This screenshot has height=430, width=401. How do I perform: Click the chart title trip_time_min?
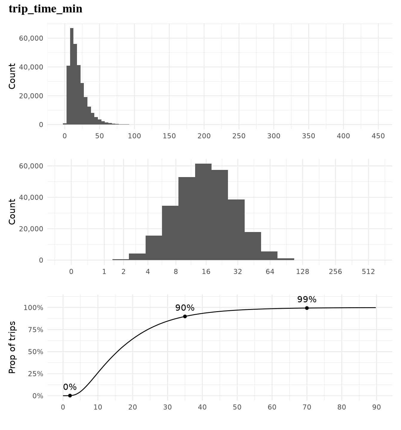(45, 9)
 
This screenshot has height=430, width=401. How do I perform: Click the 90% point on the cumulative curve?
(185, 316)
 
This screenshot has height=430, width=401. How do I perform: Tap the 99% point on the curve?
(307, 308)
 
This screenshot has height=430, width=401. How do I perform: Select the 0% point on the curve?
(70, 395)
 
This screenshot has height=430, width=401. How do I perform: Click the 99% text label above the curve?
(307, 300)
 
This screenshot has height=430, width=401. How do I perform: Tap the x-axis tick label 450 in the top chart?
(378, 136)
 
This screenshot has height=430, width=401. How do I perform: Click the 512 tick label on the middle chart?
(368, 272)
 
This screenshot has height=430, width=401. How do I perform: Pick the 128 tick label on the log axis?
(303, 272)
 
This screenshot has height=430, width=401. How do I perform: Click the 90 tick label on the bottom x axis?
(377, 407)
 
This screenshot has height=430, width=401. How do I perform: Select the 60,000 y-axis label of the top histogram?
(31, 38)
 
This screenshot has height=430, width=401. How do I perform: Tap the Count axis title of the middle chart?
(12, 212)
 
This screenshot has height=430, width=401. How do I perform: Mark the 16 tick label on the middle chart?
(206, 272)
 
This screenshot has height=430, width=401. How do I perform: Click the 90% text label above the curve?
(185, 308)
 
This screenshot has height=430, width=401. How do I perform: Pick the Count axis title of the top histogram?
(12, 76)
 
